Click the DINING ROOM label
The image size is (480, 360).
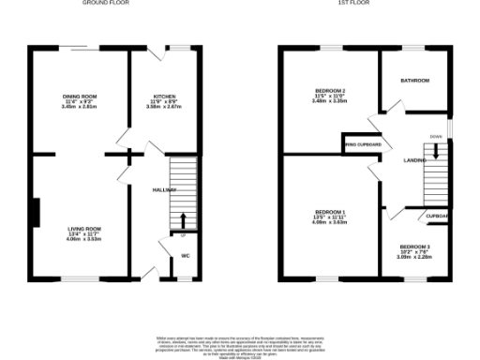click(80, 97)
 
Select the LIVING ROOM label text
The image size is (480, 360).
click(83, 229)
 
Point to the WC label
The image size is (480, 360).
click(185, 255)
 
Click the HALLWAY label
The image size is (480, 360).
click(164, 190)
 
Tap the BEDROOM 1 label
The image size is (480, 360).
click(330, 212)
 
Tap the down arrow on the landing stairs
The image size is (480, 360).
click(435, 149)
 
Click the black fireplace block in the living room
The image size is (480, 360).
click(37, 213)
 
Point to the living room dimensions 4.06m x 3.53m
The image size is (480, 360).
click(83, 240)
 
